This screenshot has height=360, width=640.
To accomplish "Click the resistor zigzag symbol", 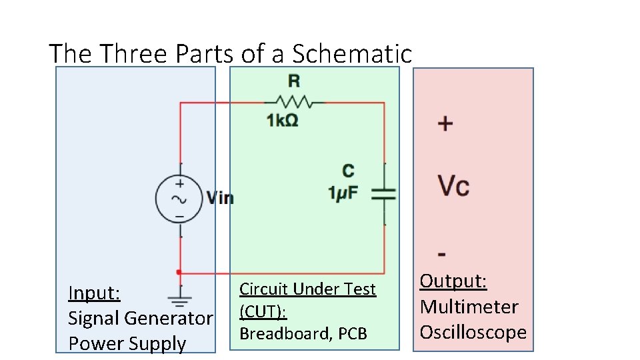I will click(x=294, y=103).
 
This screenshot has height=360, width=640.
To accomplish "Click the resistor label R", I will click(x=293, y=81).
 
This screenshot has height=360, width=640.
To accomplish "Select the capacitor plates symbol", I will click(x=383, y=193).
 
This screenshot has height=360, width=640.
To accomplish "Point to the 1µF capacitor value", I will click(x=343, y=193).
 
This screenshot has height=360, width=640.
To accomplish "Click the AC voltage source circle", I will click(x=179, y=199).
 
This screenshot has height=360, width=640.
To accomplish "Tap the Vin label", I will click(x=220, y=198).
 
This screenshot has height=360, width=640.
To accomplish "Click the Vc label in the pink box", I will click(x=453, y=186).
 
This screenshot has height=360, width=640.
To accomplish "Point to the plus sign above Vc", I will click(x=445, y=123).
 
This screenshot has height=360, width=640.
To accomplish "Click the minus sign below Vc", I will click(x=443, y=254).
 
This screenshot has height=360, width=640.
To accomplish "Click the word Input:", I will click(x=94, y=293).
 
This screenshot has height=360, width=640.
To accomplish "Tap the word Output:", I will click(x=453, y=281).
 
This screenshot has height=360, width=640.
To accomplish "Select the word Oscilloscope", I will click(x=473, y=332).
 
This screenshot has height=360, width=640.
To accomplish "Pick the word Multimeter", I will click(x=469, y=307).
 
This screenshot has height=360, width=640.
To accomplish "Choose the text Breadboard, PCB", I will click(x=303, y=333).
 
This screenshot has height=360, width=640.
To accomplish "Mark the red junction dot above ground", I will click(x=178, y=272).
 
